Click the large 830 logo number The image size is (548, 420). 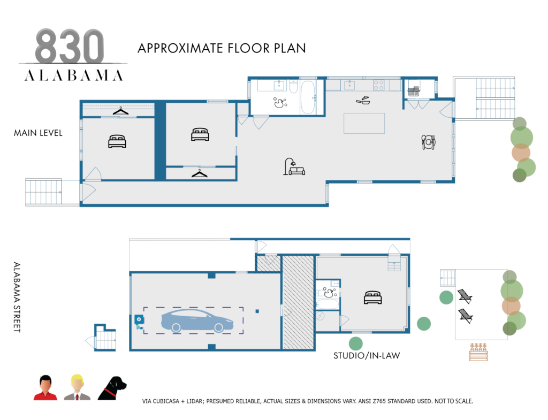click(x=70, y=47)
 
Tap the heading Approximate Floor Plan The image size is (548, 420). click(x=222, y=48)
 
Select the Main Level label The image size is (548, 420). click(x=38, y=133)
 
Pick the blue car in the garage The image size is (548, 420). click(x=197, y=320)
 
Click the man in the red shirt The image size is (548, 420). click(x=45, y=388)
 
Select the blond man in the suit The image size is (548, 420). click(x=77, y=388)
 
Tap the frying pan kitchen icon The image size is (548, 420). click(x=362, y=100)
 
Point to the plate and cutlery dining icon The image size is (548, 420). click(x=428, y=142)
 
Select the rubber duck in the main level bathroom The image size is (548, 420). click(x=279, y=102)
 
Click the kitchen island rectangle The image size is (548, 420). click(x=364, y=123)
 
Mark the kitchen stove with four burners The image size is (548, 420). click(x=379, y=85)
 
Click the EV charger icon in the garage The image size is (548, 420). click(x=139, y=320)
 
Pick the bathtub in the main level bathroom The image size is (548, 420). click(x=308, y=96)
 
